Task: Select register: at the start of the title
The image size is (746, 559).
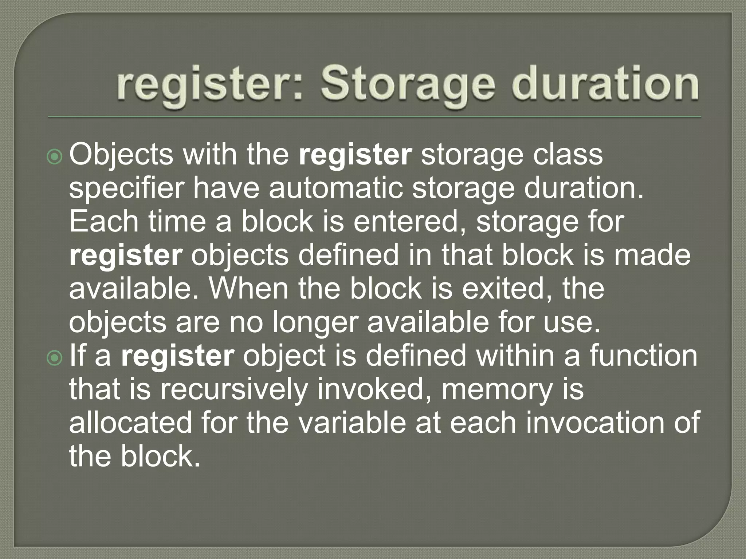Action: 209,86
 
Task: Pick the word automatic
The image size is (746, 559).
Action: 335,189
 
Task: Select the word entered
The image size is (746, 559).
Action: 410,222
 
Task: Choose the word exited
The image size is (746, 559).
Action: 507,289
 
